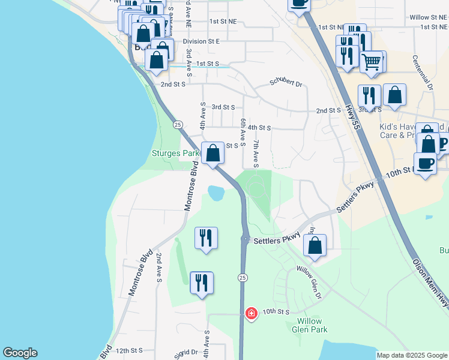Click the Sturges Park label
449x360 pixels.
(175, 153)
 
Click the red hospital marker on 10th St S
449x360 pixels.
(251, 313)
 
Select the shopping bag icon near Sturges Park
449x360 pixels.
(212, 153)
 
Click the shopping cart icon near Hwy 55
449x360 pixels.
(372, 61)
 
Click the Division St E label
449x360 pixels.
(202, 41)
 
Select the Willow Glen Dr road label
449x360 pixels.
(310, 282)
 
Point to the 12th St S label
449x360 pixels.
(129, 350)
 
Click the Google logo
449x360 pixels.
(20, 353)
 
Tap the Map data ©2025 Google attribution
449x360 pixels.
(412, 355)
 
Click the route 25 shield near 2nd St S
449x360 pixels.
(178, 124)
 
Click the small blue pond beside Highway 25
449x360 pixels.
(215, 193)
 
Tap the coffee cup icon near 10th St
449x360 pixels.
(425, 163)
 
